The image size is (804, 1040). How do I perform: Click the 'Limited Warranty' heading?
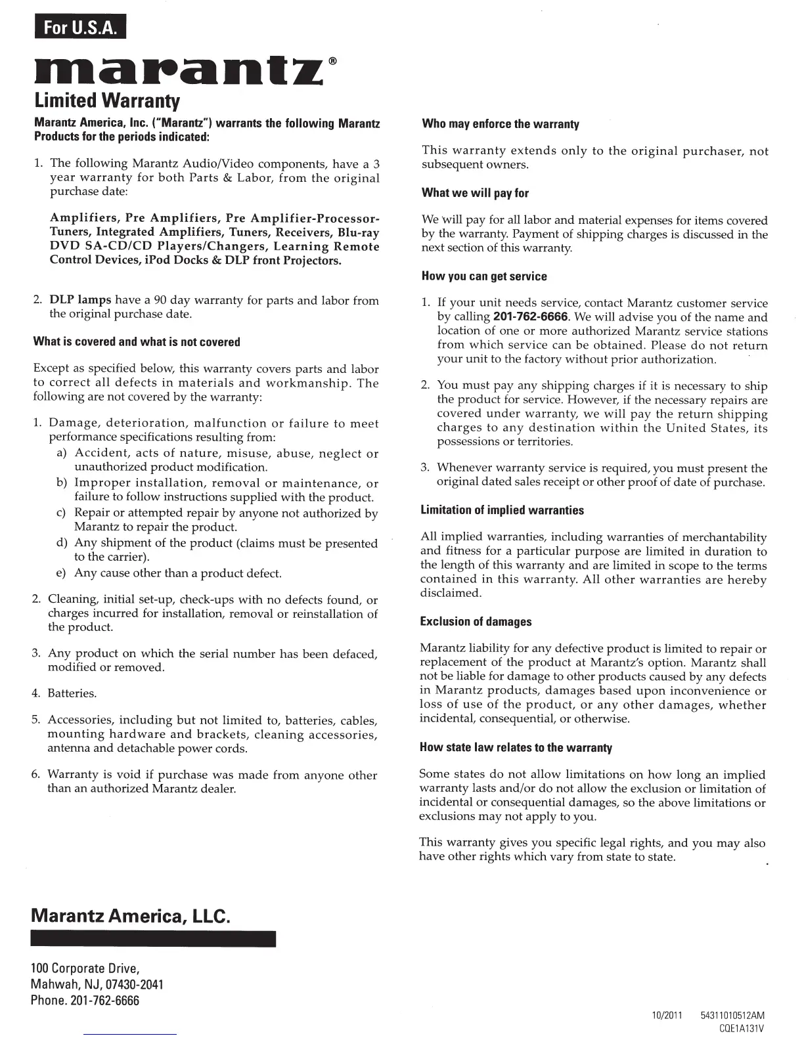106,101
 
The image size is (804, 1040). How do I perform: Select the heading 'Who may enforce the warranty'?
501,124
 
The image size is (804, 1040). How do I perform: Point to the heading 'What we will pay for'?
475,193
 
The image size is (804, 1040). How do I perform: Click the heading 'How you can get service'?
484,276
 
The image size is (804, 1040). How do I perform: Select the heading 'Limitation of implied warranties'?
502,510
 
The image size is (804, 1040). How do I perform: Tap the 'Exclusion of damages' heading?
476,622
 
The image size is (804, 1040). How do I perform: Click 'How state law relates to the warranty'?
516,748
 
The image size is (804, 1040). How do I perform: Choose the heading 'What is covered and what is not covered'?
137,342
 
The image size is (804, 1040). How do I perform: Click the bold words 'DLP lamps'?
81,301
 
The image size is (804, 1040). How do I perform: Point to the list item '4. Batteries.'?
64,694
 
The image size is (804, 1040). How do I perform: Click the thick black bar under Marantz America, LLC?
153,939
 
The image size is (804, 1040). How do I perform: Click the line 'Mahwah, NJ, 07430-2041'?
97,985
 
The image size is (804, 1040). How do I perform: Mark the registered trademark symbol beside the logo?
333,61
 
